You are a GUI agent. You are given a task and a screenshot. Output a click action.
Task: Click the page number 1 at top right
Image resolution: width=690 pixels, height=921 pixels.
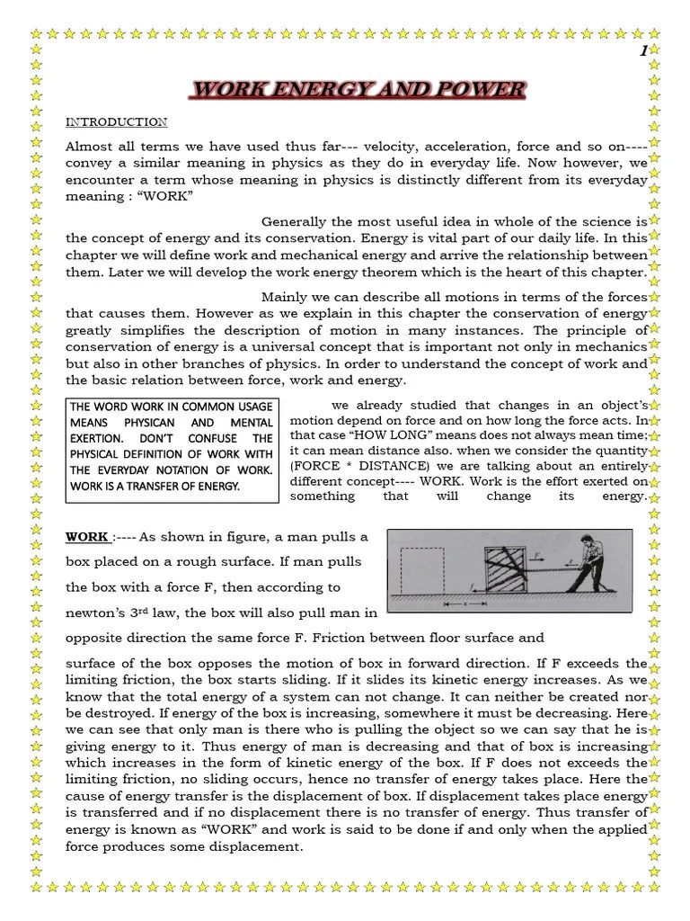[643, 52]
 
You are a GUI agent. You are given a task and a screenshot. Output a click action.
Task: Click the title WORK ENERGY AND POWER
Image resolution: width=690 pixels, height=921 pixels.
[358, 90]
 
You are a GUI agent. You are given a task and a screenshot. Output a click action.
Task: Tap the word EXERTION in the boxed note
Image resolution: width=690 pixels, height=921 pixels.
[103, 438]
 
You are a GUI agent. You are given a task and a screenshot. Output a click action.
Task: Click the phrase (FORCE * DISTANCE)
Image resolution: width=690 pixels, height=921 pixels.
[349, 466]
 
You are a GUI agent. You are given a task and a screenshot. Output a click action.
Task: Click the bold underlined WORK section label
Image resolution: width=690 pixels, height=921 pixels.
[87, 537]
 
